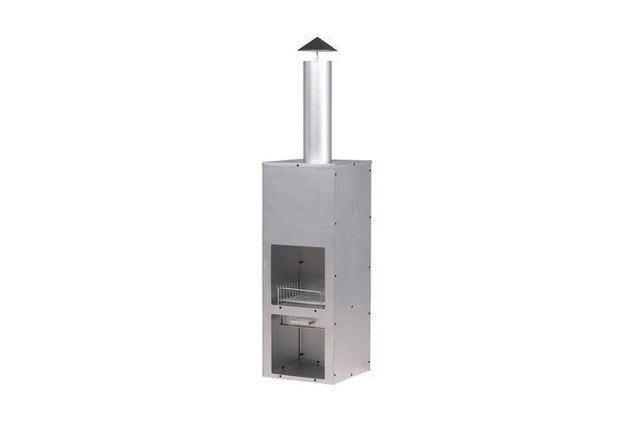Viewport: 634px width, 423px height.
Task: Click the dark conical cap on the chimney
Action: [x=317, y=44]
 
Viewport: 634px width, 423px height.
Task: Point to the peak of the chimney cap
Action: [x=317, y=37]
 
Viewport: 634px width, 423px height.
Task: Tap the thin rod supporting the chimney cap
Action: [x=317, y=55]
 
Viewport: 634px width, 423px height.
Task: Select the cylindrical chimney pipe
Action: [x=317, y=109]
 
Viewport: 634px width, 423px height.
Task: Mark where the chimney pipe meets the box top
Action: [x=317, y=162]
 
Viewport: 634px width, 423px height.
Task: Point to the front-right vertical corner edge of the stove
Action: [x=333, y=272]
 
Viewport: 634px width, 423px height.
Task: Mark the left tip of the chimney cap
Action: [x=298, y=50]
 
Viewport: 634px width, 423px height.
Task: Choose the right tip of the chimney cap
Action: [x=336, y=50]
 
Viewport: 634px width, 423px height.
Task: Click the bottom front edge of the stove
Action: [x=297, y=381]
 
